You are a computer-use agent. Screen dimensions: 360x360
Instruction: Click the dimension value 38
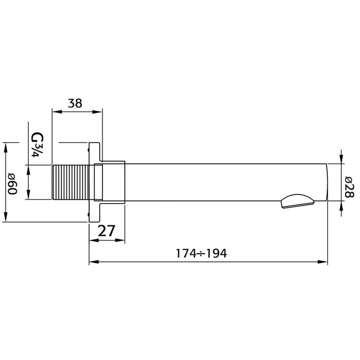click(x=77, y=102)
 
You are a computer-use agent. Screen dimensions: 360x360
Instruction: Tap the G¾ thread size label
click(x=38, y=146)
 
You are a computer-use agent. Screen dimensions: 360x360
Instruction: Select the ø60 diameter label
click(x=13, y=182)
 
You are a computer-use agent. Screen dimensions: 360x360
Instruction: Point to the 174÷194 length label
click(x=202, y=253)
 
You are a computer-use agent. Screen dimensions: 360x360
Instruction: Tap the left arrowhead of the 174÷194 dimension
click(x=93, y=261)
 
